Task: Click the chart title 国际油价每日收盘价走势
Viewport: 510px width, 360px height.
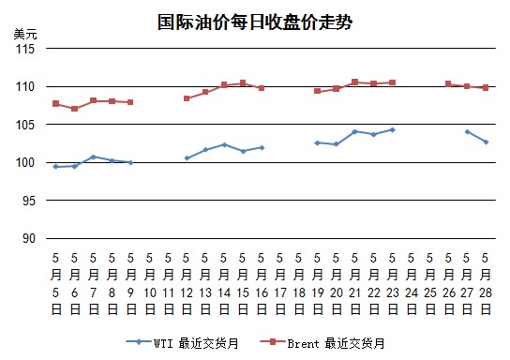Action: click(x=255, y=22)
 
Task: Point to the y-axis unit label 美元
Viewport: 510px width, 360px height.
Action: click(x=25, y=34)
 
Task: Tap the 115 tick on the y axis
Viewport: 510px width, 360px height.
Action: click(x=25, y=49)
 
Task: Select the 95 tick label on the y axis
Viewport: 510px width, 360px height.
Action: click(x=29, y=201)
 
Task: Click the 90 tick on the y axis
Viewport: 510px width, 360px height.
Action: click(x=29, y=239)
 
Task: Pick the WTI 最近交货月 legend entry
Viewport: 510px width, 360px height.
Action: click(x=183, y=343)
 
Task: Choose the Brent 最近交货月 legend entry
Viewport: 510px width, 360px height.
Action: click(x=322, y=343)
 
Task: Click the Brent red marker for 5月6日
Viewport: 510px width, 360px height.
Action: click(x=74, y=109)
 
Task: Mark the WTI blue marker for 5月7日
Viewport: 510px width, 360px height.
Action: click(x=94, y=157)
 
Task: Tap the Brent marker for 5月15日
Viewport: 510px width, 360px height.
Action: click(x=243, y=82)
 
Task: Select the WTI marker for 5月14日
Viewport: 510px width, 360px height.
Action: click(x=224, y=144)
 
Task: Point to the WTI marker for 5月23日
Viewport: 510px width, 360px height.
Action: click(x=392, y=130)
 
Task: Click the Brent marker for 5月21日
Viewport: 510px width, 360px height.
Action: click(x=355, y=82)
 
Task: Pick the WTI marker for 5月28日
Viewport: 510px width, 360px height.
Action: click(x=486, y=142)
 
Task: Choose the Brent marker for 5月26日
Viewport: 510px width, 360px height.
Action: click(x=448, y=83)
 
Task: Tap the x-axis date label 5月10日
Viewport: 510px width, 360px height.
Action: click(x=150, y=284)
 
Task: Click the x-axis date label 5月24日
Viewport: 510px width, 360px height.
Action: click(x=412, y=284)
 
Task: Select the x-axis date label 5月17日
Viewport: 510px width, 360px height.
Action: click(x=280, y=284)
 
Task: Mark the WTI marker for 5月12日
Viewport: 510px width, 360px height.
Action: click(x=187, y=158)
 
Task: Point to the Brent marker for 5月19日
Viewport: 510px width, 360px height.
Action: click(x=318, y=91)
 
